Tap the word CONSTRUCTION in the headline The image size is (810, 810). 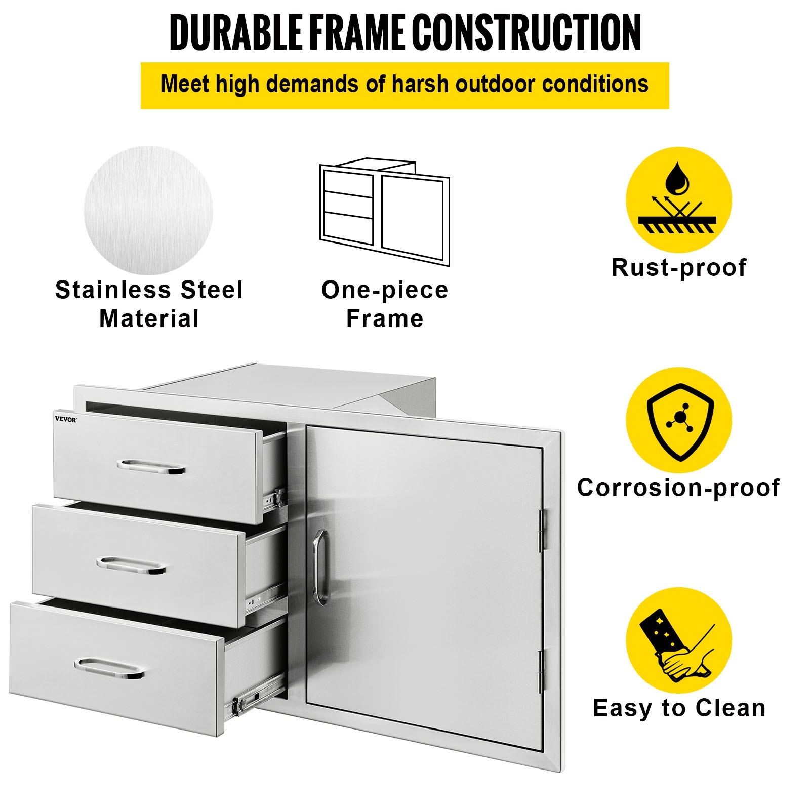(526, 32)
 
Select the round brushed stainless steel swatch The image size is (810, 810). (148, 211)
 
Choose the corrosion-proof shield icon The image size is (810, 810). (679, 420)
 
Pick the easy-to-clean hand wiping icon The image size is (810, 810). (678, 640)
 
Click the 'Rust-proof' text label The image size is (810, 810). (679, 268)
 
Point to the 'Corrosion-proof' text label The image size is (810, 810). (678, 488)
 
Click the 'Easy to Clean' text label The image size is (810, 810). (679, 708)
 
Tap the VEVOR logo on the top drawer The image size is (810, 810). (66, 419)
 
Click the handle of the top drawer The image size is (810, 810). (151, 467)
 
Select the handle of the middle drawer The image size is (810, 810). (131, 565)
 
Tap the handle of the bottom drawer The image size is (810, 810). (109, 668)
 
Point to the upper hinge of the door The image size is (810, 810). (542, 530)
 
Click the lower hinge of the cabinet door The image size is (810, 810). (541, 671)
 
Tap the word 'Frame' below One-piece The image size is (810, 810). (385, 319)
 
